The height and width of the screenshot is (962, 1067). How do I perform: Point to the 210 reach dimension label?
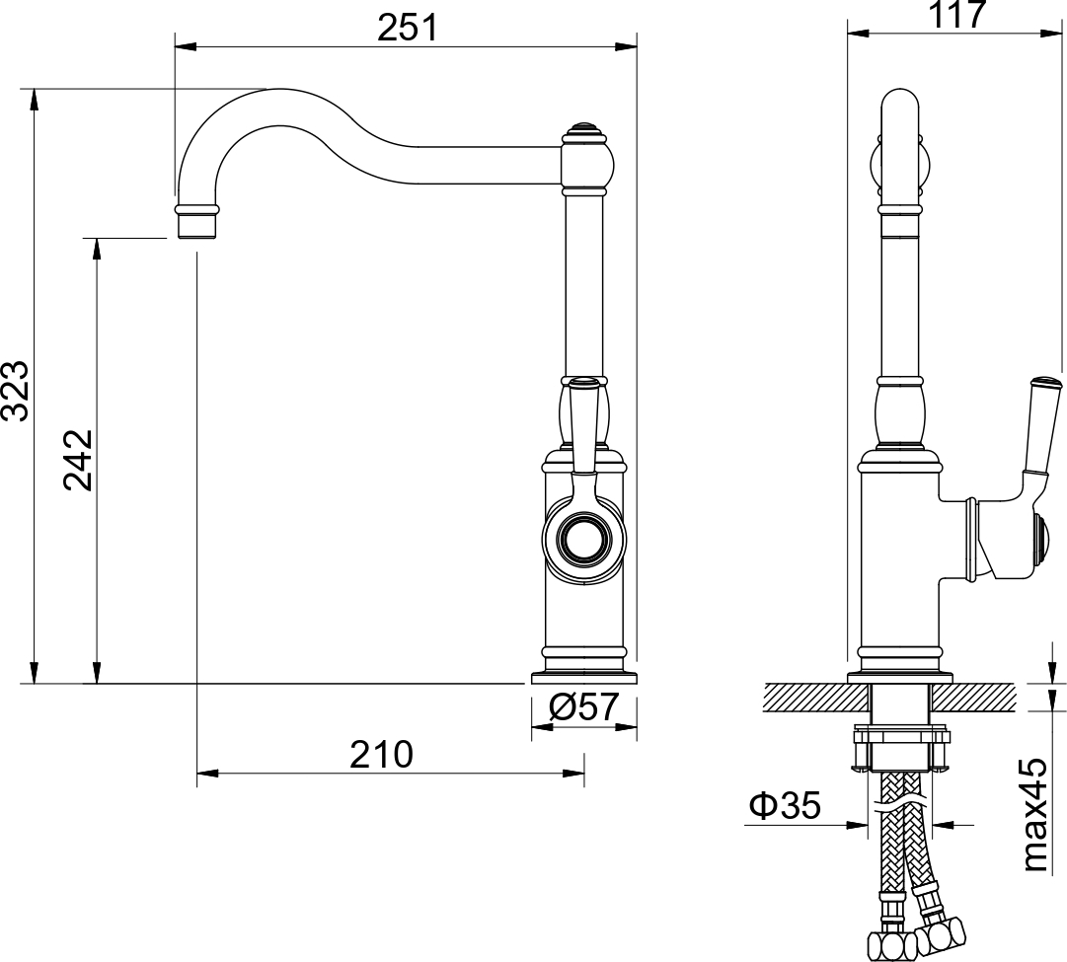coord(381,755)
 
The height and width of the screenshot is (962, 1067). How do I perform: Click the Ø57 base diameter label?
coord(583,706)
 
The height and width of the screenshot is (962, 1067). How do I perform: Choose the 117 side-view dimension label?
coord(956,14)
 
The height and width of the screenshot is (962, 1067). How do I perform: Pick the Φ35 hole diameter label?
coord(785,806)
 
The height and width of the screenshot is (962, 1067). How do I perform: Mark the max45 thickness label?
coord(1033,815)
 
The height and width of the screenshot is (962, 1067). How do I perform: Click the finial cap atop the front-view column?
coord(583,130)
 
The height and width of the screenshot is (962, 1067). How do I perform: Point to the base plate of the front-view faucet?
coord(583,677)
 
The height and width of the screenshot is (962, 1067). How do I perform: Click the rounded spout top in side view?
coord(900,107)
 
